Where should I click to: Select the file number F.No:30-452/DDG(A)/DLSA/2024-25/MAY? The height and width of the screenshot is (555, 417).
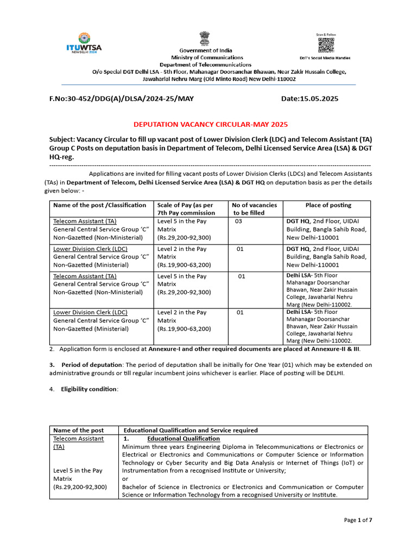click(x=121, y=99)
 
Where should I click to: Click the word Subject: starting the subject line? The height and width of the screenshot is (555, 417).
click(x=64, y=139)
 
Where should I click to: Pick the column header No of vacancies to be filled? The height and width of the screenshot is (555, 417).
click(x=254, y=209)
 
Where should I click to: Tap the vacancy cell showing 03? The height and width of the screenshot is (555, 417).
click(x=239, y=221)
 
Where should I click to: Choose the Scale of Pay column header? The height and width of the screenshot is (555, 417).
click(x=186, y=209)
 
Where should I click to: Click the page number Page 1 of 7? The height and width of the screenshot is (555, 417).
click(x=358, y=520)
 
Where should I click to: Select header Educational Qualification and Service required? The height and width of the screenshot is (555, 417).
click(x=191, y=430)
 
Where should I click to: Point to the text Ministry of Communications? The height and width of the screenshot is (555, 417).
click(x=207, y=57)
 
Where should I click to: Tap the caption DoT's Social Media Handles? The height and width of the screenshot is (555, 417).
click(x=325, y=57)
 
